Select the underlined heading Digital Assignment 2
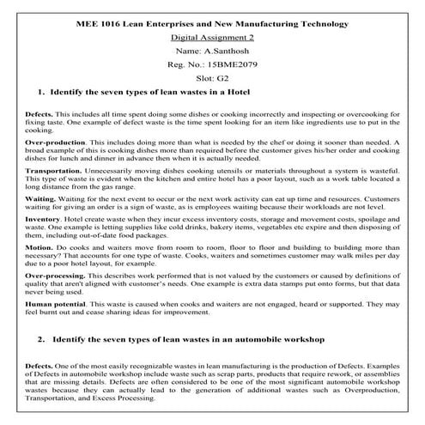(212, 39)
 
